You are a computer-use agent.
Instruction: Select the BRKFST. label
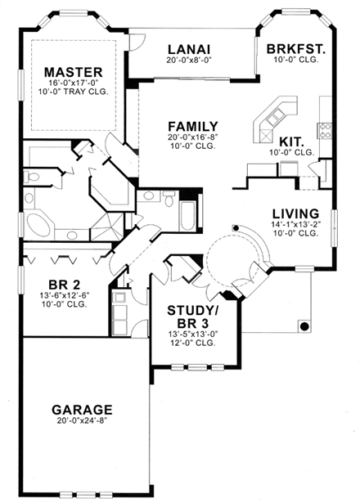[296, 48]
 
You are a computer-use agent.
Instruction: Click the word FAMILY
[192, 125]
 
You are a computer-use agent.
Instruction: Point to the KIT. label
[292, 140]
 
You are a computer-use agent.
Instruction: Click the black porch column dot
[304, 326]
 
